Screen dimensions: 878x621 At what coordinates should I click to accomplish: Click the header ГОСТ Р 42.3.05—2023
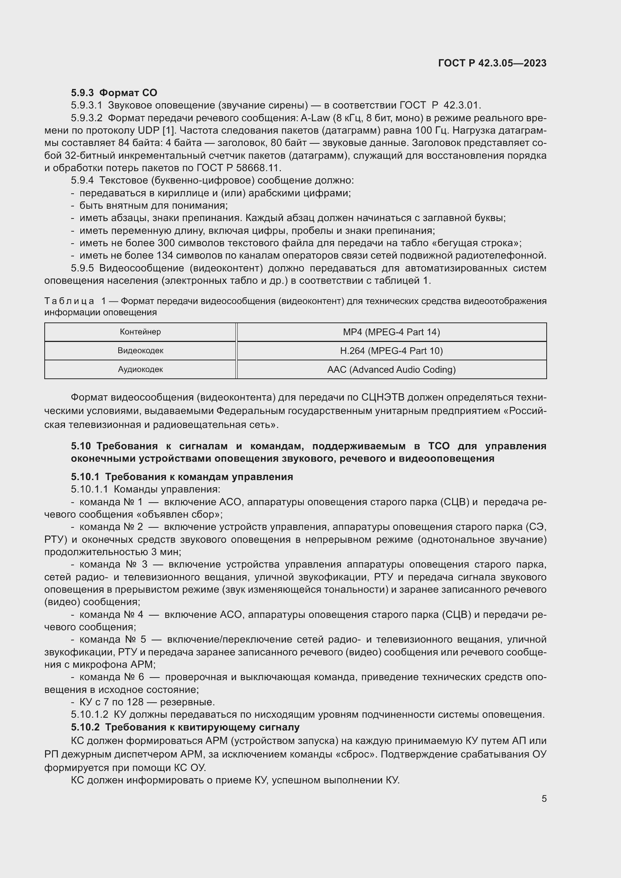[x=492, y=63]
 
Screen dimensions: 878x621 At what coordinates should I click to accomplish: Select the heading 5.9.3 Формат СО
[x=114, y=93]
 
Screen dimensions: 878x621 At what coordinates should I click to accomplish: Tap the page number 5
[x=544, y=798]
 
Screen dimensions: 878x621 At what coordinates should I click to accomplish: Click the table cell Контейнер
[x=140, y=332]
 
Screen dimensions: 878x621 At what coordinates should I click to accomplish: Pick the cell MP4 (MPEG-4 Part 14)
[x=391, y=332]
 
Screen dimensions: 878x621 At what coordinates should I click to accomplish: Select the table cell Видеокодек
[x=140, y=351]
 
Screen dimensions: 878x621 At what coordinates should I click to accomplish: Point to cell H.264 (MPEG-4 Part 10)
[x=391, y=351]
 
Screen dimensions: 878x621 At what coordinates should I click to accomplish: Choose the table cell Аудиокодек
[x=140, y=369]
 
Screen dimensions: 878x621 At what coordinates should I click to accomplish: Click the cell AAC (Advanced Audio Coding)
[x=391, y=369]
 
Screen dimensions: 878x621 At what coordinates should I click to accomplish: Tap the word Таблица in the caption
[x=69, y=301]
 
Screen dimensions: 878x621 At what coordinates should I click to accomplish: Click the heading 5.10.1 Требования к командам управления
[x=182, y=477]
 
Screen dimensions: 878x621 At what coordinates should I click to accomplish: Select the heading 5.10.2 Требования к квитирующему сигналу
[x=185, y=727]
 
